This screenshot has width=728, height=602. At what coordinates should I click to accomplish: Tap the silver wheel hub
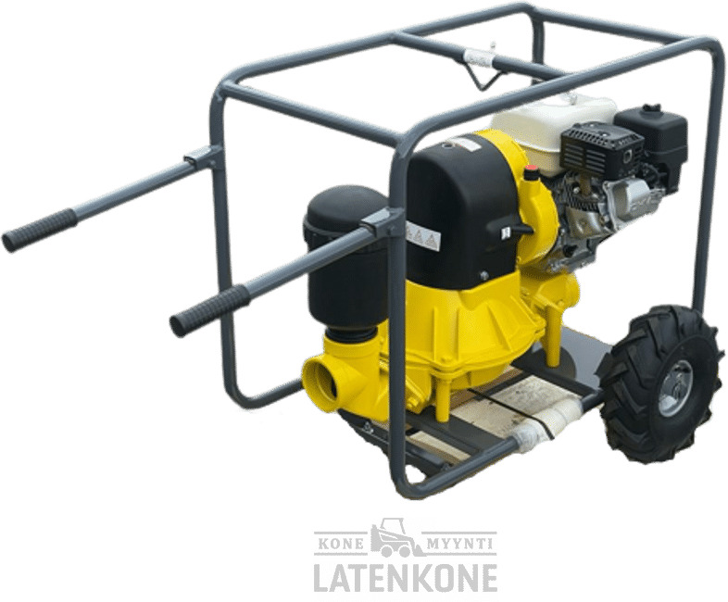675,387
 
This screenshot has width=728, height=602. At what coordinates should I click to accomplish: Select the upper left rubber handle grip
39,231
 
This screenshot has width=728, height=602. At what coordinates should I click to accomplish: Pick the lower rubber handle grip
210,309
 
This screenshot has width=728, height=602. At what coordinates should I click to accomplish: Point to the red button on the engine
531,173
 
